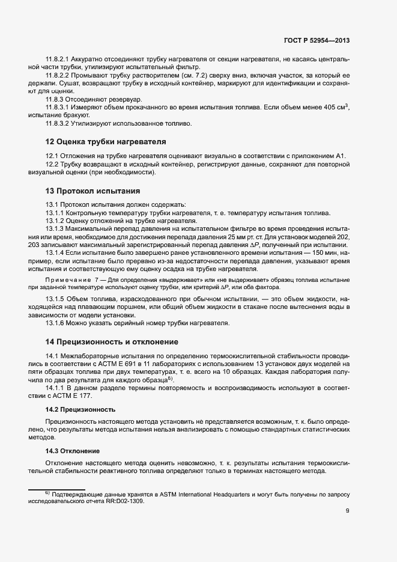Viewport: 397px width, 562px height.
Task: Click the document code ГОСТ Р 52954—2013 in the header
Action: [x=316, y=41]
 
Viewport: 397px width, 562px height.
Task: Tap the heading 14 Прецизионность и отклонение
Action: [x=111, y=341]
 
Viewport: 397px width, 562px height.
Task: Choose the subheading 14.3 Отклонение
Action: [x=73, y=451]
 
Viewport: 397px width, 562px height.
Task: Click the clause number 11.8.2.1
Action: [x=58, y=59]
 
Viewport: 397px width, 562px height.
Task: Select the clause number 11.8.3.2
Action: [x=58, y=124]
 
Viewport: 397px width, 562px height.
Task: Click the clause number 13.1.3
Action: [x=55, y=229]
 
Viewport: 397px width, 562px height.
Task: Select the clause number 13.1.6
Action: [x=55, y=323]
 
